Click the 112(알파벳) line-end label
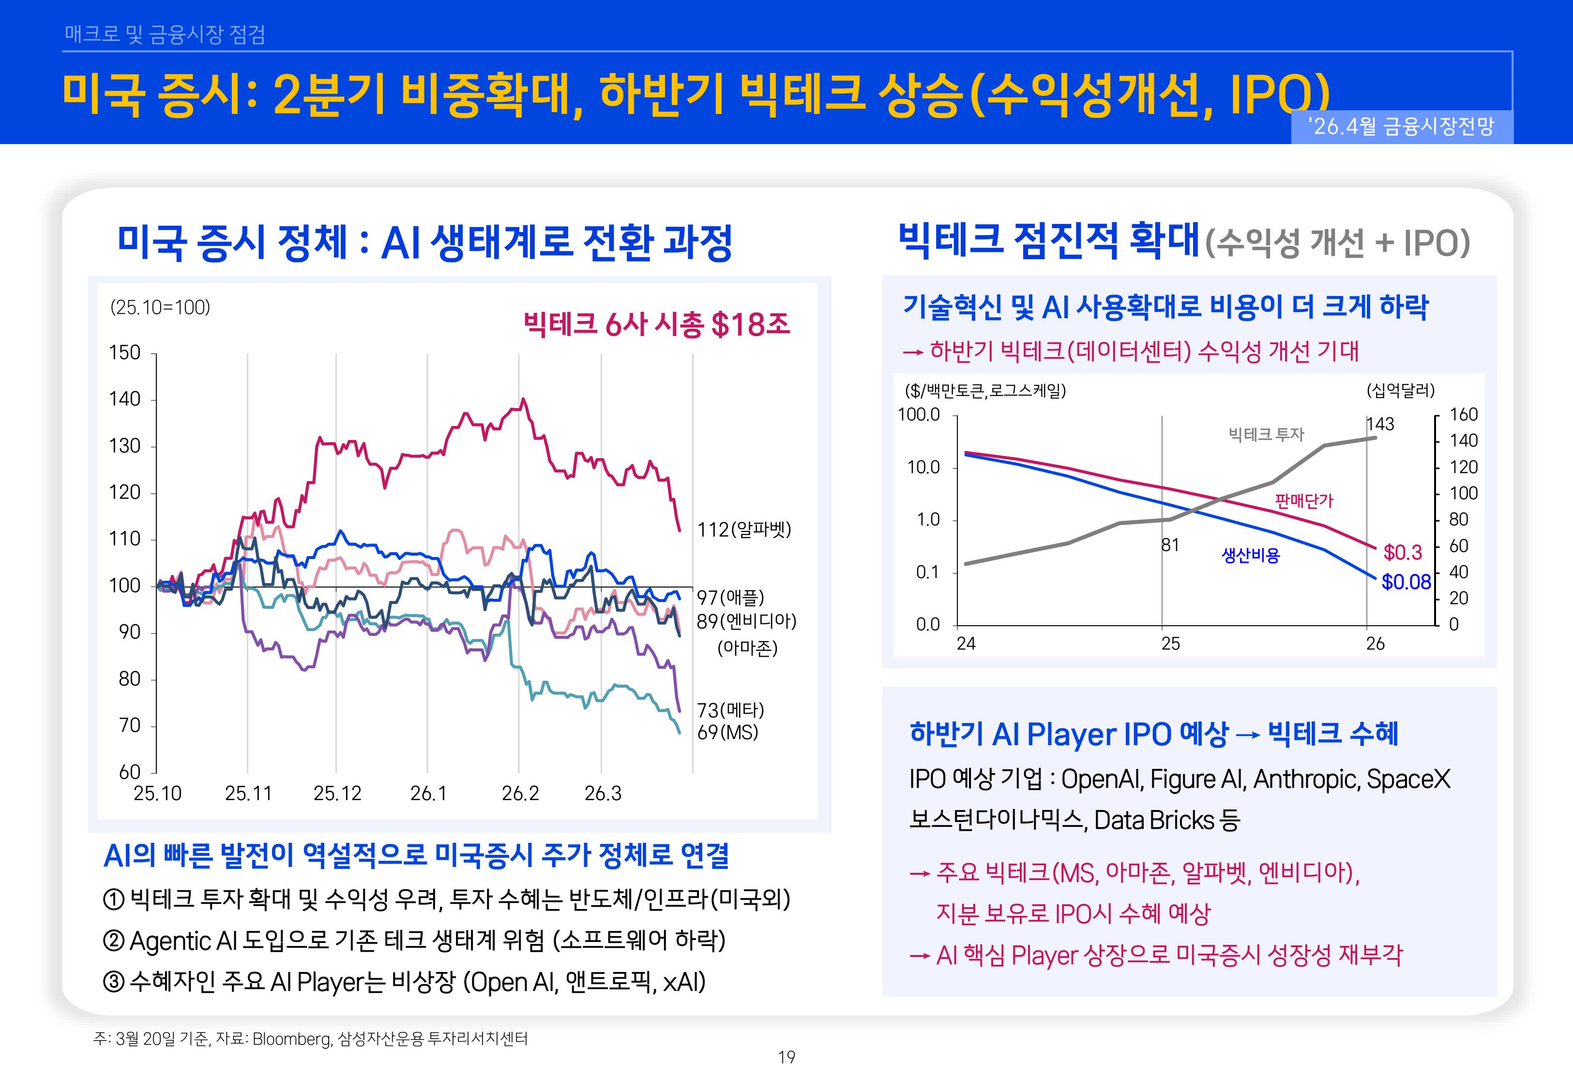click(x=743, y=529)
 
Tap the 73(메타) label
click(x=730, y=710)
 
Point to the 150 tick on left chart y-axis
click(x=125, y=353)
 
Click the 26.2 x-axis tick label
click(x=520, y=794)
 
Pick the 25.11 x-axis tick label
click(x=248, y=794)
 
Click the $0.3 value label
click(x=1403, y=552)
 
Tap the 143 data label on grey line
click(x=1380, y=424)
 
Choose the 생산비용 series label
click(x=1250, y=556)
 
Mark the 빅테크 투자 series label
click(x=1266, y=434)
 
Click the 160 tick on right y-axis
click(x=1463, y=414)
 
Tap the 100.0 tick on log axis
click(x=918, y=414)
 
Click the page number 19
click(x=786, y=1058)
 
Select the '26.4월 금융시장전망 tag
click(x=1401, y=127)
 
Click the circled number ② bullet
click(x=113, y=941)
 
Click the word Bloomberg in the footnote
click(x=291, y=1039)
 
